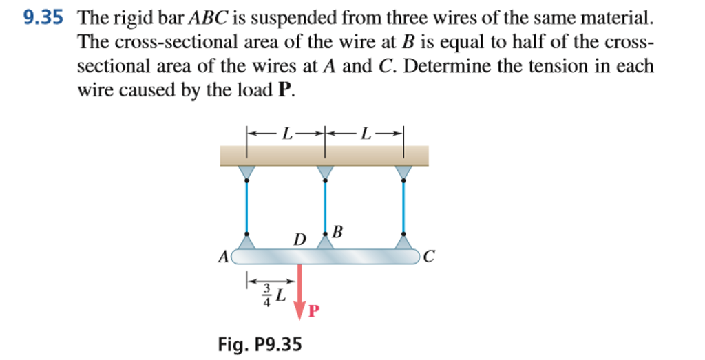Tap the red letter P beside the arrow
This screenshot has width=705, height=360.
pyautogui.click(x=314, y=310)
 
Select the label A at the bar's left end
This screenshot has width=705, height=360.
pyautogui.click(x=222, y=257)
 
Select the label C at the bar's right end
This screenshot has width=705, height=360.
pyautogui.click(x=430, y=257)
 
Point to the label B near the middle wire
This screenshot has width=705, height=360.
pyautogui.click(x=337, y=231)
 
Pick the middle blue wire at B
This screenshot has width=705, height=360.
pyautogui.click(x=324, y=207)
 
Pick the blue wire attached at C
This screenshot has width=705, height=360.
pyautogui.click(x=403, y=207)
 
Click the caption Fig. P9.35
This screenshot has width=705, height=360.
pyautogui.click(x=260, y=343)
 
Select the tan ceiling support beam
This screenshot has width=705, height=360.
pyautogui.click(x=324, y=156)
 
